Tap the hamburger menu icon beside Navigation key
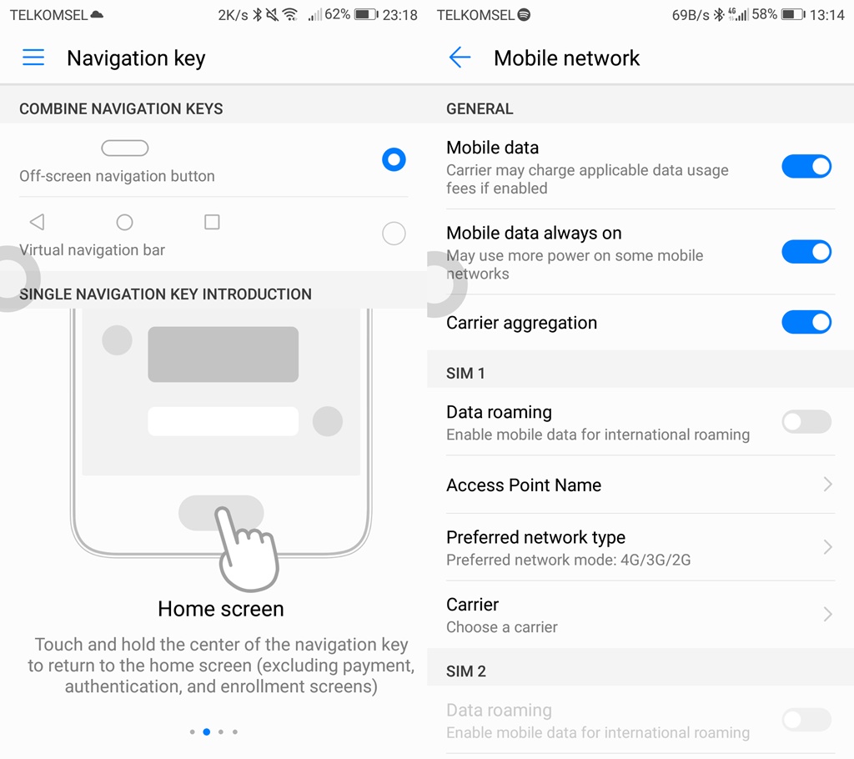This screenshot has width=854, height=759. click(x=33, y=58)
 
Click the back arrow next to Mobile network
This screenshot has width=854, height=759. click(x=460, y=58)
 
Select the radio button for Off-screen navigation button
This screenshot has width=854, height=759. click(x=394, y=159)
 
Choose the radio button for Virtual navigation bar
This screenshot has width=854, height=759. click(x=394, y=234)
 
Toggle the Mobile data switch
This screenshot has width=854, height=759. click(x=806, y=166)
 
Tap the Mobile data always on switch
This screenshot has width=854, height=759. click(x=806, y=251)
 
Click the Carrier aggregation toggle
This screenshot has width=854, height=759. click(x=806, y=322)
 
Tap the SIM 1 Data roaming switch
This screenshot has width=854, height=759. click(x=806, y=421)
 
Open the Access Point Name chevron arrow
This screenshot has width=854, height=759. click(x=827, y=485)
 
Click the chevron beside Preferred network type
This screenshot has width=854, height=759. click(x=827, y=547)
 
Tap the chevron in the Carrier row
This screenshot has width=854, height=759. click(x=827, y=615)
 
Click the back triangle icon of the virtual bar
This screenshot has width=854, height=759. click(x=37, y=222)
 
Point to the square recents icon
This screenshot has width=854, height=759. click(x=212, y=222)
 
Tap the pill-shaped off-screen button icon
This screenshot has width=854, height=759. click(x=125, y=148)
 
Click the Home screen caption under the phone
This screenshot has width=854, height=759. click(x=221, y=609)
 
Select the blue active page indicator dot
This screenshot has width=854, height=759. click(x=207, y=731)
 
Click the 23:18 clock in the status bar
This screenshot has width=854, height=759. click(x=399, y=15)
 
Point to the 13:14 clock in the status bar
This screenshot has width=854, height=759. click(x=826, y=15)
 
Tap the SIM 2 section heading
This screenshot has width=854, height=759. click(x=466, y=671)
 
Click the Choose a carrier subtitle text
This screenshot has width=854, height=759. click(x=502, y=627)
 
